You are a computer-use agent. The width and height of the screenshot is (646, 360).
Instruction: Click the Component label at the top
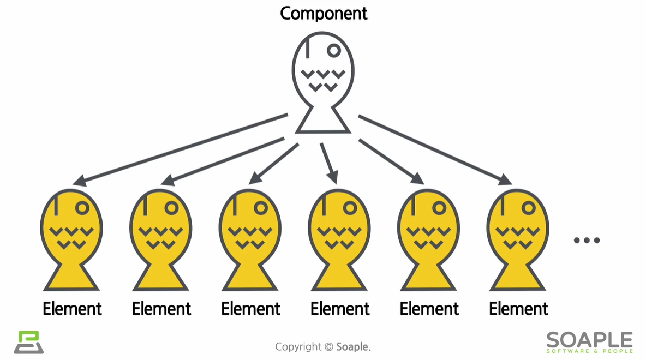(324, 13)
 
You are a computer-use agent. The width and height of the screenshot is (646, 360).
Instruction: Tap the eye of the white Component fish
(334, 51)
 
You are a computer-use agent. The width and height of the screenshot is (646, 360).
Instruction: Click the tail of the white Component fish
(323, 121)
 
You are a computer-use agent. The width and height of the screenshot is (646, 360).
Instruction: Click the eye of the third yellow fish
(261, 208)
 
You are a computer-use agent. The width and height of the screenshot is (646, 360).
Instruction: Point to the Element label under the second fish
(161, 309)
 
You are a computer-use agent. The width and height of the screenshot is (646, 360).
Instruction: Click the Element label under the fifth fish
(429, 309)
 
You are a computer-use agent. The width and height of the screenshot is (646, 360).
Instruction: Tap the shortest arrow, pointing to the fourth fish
(329, 163)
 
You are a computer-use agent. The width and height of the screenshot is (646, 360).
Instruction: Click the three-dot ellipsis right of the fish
(587, 240)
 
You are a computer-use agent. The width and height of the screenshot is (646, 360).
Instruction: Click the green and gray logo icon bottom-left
(28, 342)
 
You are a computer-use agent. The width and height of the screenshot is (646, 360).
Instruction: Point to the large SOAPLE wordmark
(589, 339)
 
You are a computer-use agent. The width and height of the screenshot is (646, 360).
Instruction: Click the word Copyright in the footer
(298, 347)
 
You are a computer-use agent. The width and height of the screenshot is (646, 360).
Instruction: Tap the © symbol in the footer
(328, 347)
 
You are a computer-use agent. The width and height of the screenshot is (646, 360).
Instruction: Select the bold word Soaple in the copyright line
(353, 347)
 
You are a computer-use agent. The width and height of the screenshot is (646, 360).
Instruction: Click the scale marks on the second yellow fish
(161, 237)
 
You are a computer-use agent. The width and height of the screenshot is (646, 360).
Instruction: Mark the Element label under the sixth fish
(518, 309)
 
